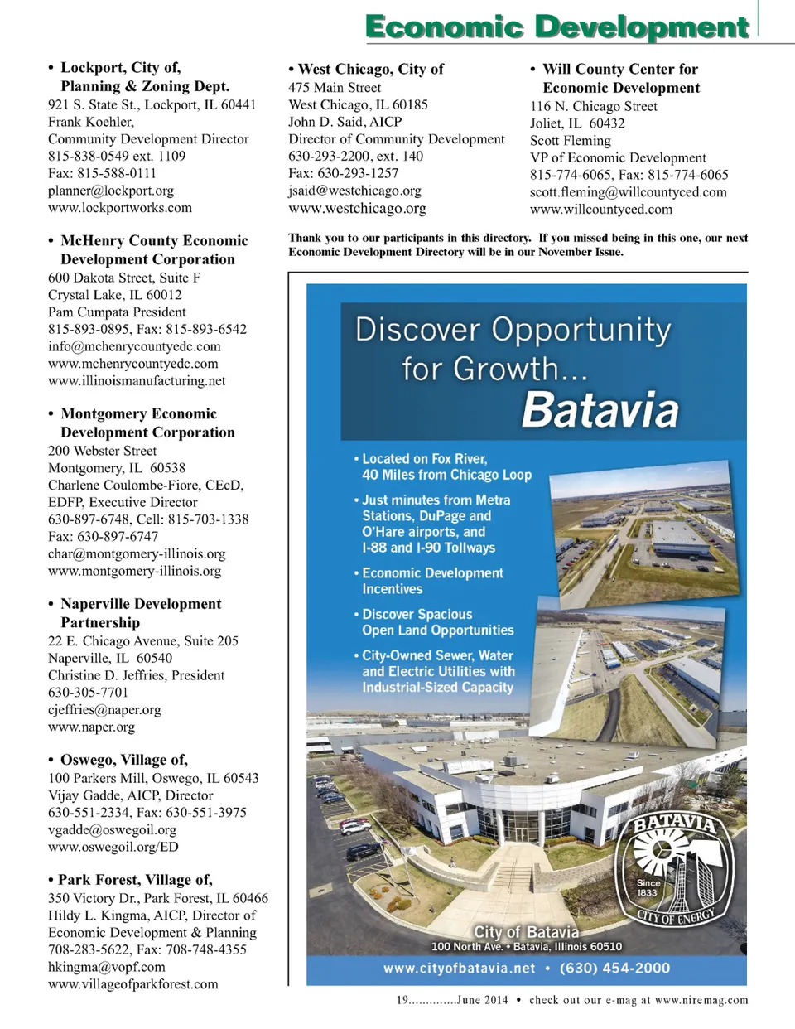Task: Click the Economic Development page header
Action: pyautogui.click(x=556, y=27)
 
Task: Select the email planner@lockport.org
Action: pyautogui.click(x=111, y=191)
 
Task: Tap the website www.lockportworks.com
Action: pyautogui.click(x=120, y=208)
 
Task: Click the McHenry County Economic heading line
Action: pyautogui.click(x=154, y=241)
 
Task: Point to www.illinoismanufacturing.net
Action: pyautogui.click(x=137, y=381)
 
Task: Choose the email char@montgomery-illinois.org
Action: pyautogui.click(x=137, y=554)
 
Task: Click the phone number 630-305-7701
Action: pyautogui.click(x=89, y=693)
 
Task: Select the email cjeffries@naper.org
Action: pyautogui.click(x=104, y=710)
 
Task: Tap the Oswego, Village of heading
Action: pyautogui.click(x=123, y=760)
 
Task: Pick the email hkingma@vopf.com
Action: pyautogui.click(x=107, y=967)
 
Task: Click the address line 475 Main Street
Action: pyautogui.click(x=335, y=88)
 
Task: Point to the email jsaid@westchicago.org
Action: pyautogui.click(x=354, y=191)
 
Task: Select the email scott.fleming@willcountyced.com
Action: pyautogui.click(x=629, y=192)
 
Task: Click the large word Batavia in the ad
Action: pyautogui.click(x=600, y=409)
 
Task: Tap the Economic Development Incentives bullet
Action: pyautogui.click(x=432, y=581)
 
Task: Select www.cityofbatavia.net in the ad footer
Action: pyautogui.click(x=459, y=969)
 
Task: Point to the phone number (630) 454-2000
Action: pyautogui.click(x=614, y=969)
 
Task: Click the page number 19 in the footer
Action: pyautogui.click(x=402, y=1000)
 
